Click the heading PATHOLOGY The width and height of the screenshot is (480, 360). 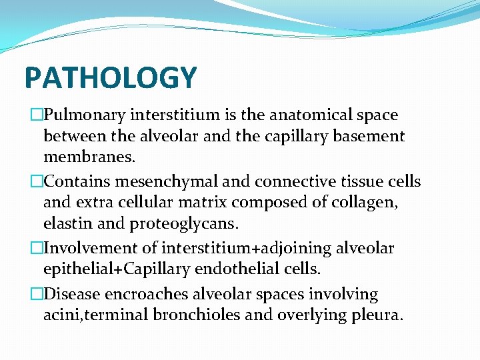click(x=111, y=77)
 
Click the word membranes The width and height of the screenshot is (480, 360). click(x=88, y=158)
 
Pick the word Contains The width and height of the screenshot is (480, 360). click(x=79, y=181)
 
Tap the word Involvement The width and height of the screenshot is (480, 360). click(x=91, y=249)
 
